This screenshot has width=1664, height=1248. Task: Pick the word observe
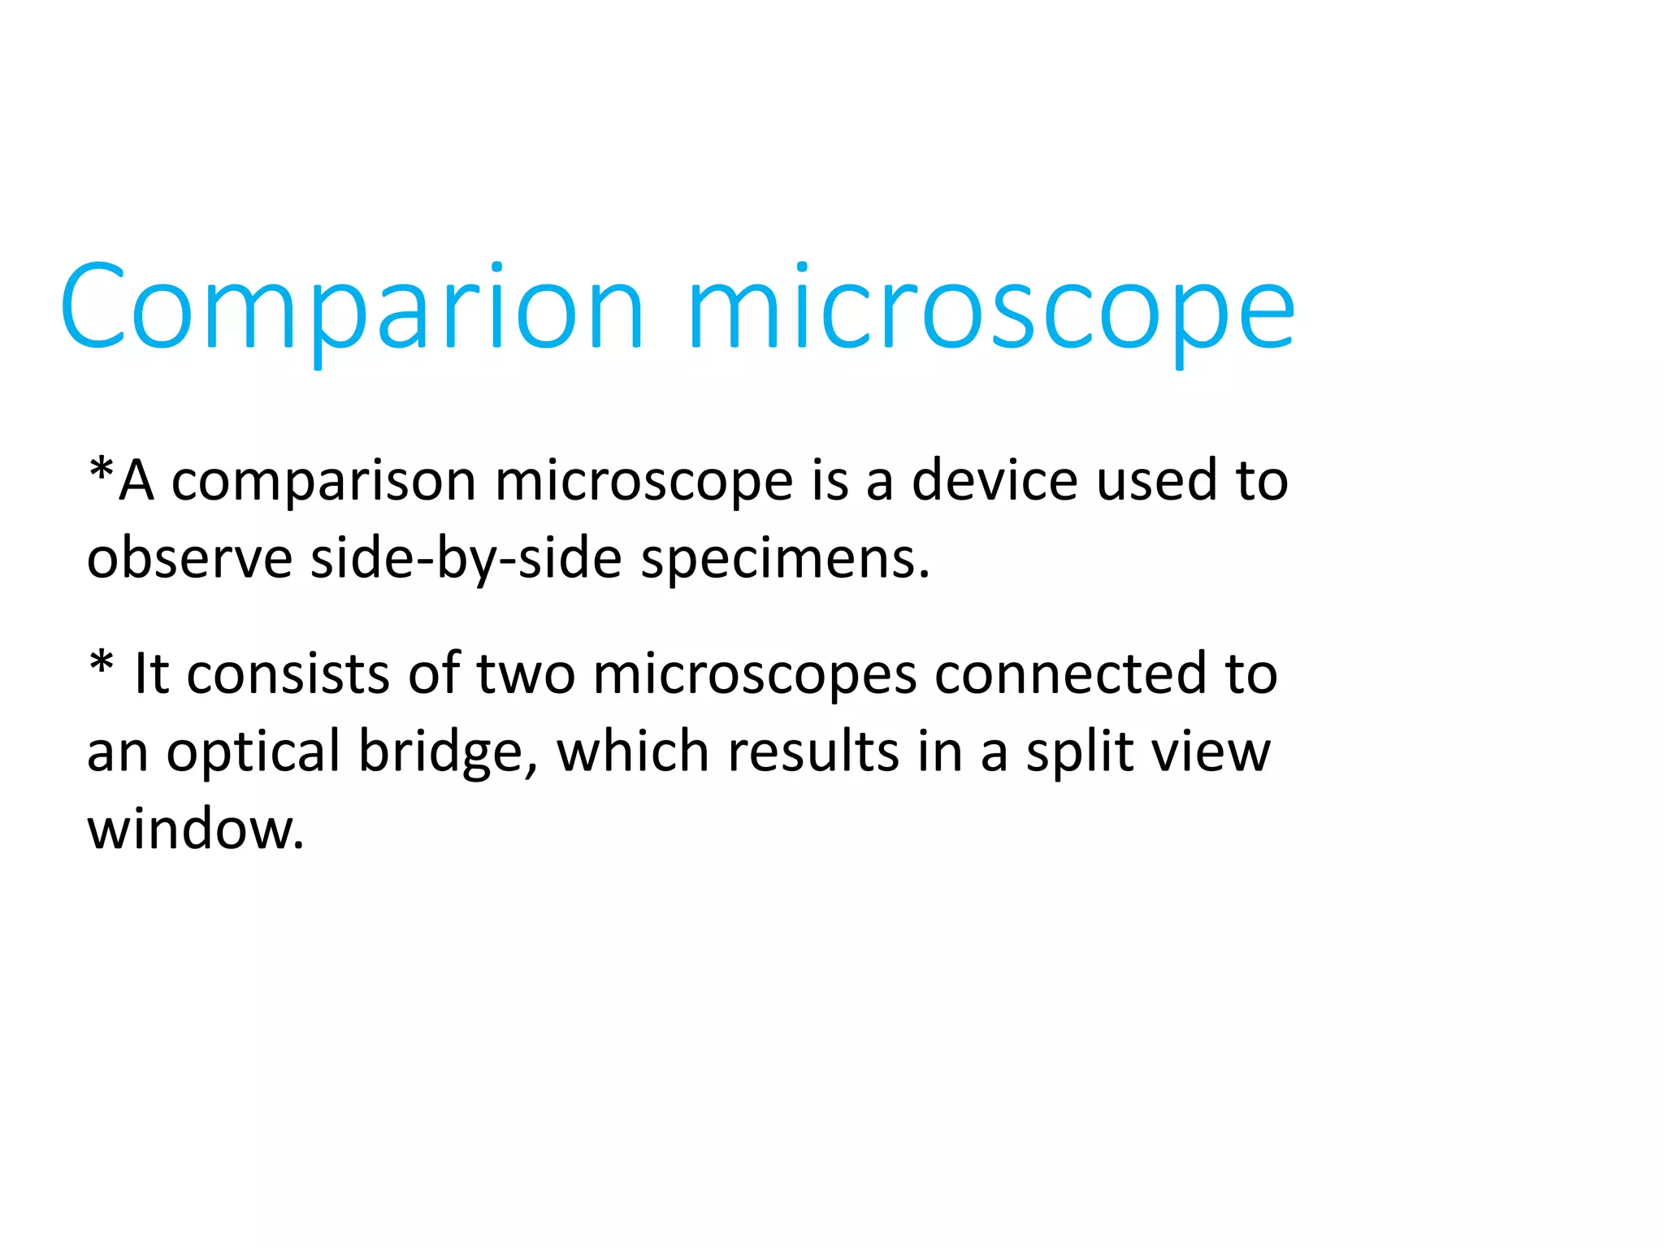pyautogui.click(x=189, y=558)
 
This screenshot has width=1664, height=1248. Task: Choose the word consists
pyautogui.click(x=288, y=674)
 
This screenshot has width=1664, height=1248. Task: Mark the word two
pyautogui.click(x=526, y=674)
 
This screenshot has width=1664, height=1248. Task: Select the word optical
pyautogui.click(x=253, y=752)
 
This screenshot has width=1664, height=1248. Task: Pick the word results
pyautogui.click(x=813, y=751)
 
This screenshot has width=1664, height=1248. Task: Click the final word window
pyautogui.click(x=195, y=830)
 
